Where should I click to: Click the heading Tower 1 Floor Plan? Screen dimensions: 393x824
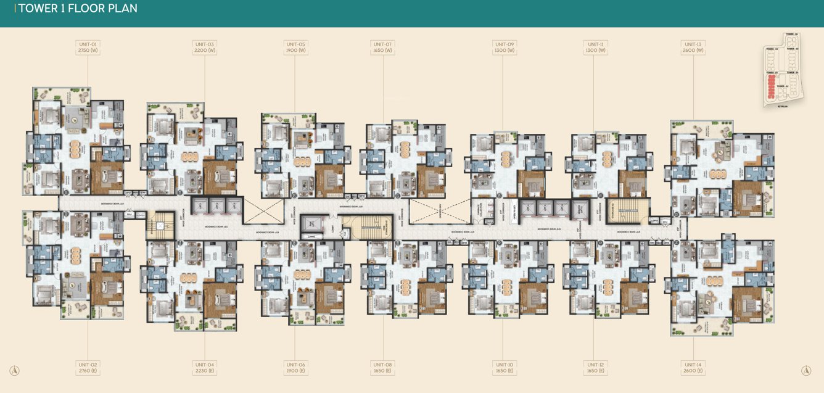78,9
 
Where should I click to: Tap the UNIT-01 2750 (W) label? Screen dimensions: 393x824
88,48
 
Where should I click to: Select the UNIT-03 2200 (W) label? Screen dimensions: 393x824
204,48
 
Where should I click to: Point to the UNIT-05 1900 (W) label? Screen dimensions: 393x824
295,48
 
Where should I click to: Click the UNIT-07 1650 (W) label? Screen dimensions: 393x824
382,48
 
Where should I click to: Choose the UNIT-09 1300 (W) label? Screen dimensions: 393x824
504,48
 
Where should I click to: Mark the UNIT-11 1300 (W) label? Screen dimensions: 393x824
595,48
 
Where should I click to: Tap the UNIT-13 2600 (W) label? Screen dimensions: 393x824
693,48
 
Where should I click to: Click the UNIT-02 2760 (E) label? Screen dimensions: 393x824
88,368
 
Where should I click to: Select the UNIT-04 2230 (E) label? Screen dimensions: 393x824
204,368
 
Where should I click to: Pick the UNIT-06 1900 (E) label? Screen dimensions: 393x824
295,368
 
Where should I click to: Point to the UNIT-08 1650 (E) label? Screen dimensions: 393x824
382,368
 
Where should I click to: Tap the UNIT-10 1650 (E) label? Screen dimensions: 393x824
504,368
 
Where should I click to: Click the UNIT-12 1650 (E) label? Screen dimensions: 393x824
595,368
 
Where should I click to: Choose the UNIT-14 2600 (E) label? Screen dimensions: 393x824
693,368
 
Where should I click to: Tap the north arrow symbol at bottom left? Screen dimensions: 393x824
15,371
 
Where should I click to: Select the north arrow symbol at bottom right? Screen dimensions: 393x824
805,371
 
